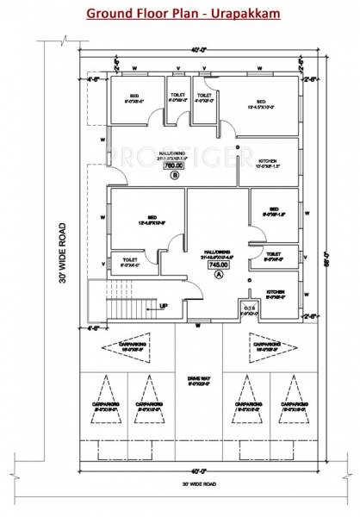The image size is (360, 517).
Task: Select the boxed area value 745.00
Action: [216, 265]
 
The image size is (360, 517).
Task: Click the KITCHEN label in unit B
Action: [267, 161]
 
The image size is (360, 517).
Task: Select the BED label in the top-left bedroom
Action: [134, 96]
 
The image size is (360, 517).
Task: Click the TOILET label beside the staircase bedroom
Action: [130, 259]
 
